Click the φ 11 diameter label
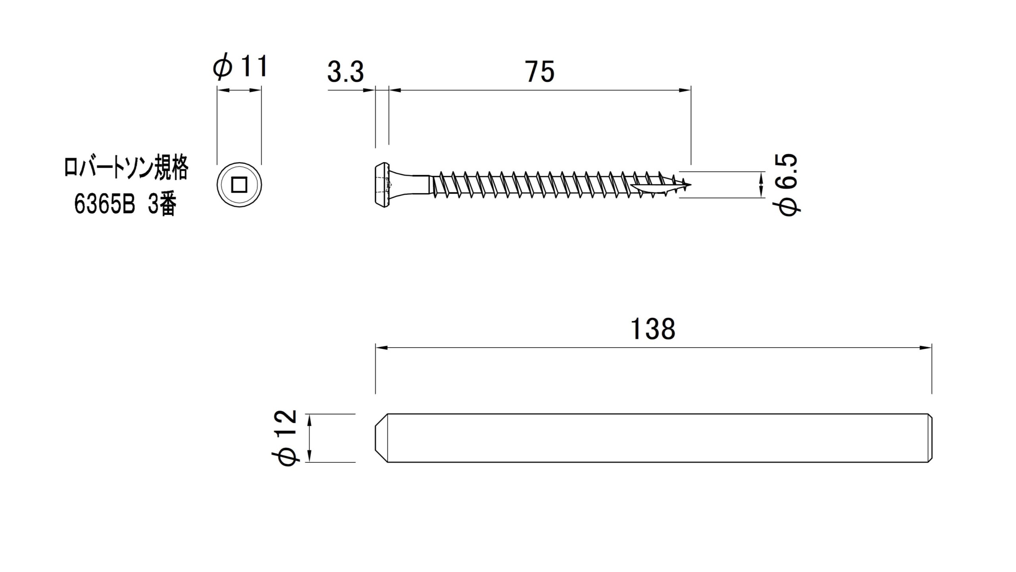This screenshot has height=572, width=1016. pyautogui.click(x=240, y=66)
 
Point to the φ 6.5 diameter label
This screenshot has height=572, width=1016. pyautogui.click(x=788, y=185)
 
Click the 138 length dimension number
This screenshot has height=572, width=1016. pyautogui.click(x=652, y=329)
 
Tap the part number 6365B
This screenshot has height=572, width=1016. pyautogui.click(x=105, y=205)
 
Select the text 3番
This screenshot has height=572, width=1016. pyautogui.click(x=162, y=205)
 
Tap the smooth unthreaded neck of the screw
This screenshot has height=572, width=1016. pyautogui.click(x=413, y=185)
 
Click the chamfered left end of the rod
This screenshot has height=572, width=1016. pyautogui.click(x=381, y=438)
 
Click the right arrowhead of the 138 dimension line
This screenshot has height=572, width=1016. pyautogui.click(x=926, y=348)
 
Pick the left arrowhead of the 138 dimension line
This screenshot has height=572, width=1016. pyautogui.click(x=381, y=348)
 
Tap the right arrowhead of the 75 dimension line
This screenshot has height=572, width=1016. pyautogui.click(x=685, y=91)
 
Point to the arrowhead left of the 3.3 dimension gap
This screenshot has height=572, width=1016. pyautogui.click(x=369, y=91)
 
